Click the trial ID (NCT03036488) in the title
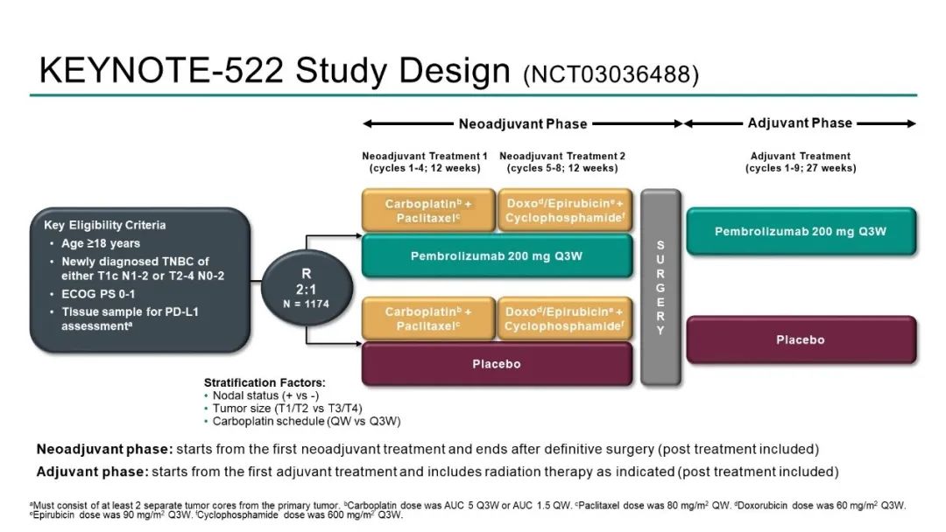[611, 75]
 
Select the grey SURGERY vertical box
[660, 287]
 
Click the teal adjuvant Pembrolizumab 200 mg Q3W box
[801, 232]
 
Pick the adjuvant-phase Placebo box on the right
[801, 339]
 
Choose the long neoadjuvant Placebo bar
[497, 364]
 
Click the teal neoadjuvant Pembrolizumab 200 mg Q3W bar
[497, 256]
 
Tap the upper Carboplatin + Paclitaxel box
[428, 211]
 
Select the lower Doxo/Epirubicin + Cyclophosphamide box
[564, 319]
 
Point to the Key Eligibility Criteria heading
[105, 225]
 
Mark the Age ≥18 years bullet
[101, 243]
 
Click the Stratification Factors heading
[265, 382]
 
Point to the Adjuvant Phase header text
[800, 123]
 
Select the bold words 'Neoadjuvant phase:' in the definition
[104, 450]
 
